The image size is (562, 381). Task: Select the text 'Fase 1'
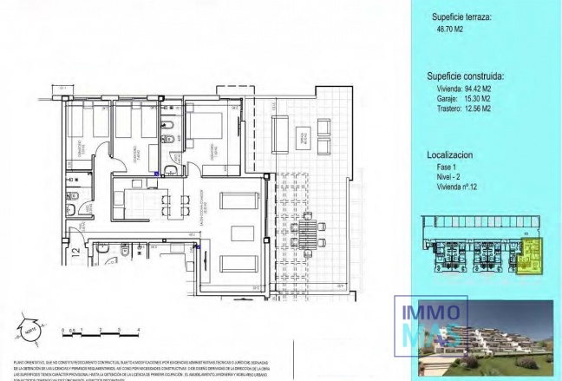448,166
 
